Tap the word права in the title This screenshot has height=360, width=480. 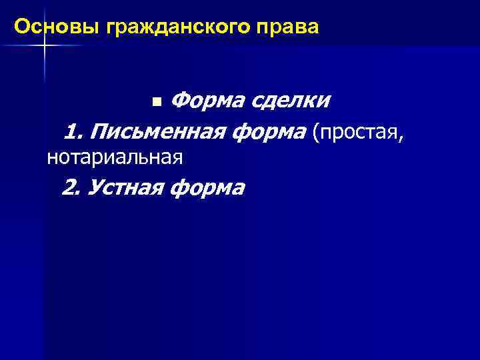click(x=291, y=27)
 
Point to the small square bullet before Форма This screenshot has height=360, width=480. click(x=156, y=102)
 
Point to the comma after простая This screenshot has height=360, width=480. click(x=401, y=137)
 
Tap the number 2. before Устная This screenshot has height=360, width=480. click(x=71, y=187)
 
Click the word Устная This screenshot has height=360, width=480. click(x=126, y=187)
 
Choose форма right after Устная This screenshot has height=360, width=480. click(x=208, y=187)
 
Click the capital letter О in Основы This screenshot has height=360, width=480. click(x=21, y=27)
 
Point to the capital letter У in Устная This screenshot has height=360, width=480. click(x=94, y=187)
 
